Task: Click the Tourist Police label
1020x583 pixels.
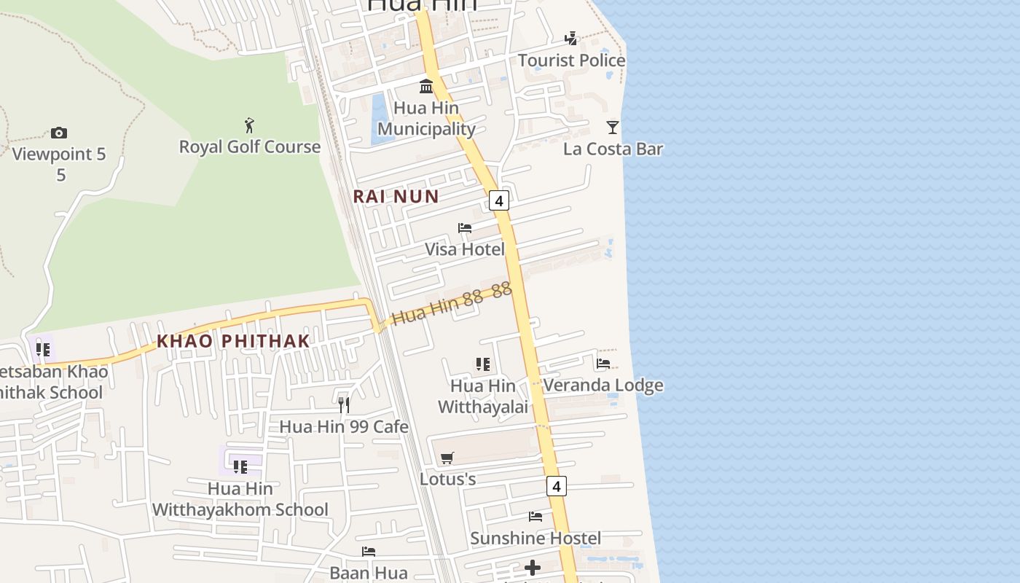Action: (571, 60)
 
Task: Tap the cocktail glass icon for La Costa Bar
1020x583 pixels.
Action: (613, 128)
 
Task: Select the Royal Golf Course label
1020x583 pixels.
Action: (250, 147)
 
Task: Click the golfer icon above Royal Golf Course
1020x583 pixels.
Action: (250, 125)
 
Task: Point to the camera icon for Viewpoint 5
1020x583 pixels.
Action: (59, 133)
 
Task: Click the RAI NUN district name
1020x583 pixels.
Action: (396, 196)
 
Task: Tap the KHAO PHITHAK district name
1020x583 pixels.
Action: (233, 341)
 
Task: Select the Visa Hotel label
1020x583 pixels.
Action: (465, 249)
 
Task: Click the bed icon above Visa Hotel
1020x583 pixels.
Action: (465, 228)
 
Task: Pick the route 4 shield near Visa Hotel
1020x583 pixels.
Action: (499, 200)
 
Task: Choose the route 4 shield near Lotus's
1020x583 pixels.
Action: (556, 486)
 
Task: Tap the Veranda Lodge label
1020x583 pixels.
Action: (603, 385)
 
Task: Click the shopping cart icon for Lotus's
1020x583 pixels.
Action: (447, 458)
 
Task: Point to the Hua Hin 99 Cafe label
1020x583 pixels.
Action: (344, 426)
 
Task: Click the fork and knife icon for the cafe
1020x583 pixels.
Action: (344, 404)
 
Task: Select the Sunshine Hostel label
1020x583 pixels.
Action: (535, 539)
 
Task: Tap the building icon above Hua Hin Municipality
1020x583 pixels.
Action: (426, 87)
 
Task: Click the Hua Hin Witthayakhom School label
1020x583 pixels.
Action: (240, 499)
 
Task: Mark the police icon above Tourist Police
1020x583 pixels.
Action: (572, 39)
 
